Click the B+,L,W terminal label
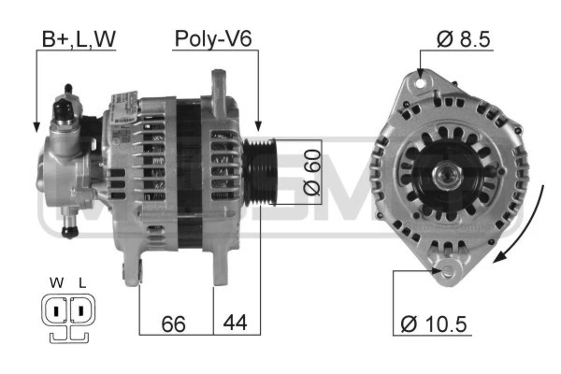point(79,39)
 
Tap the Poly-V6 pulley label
point(213,38)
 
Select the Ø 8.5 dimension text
point(463,39)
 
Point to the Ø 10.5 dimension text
point(434,324)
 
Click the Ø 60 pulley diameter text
point(312,172)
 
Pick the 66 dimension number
point(174,324)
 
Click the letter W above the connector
point(56,282)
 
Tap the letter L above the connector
point(82,283)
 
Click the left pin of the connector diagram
point(55,310)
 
